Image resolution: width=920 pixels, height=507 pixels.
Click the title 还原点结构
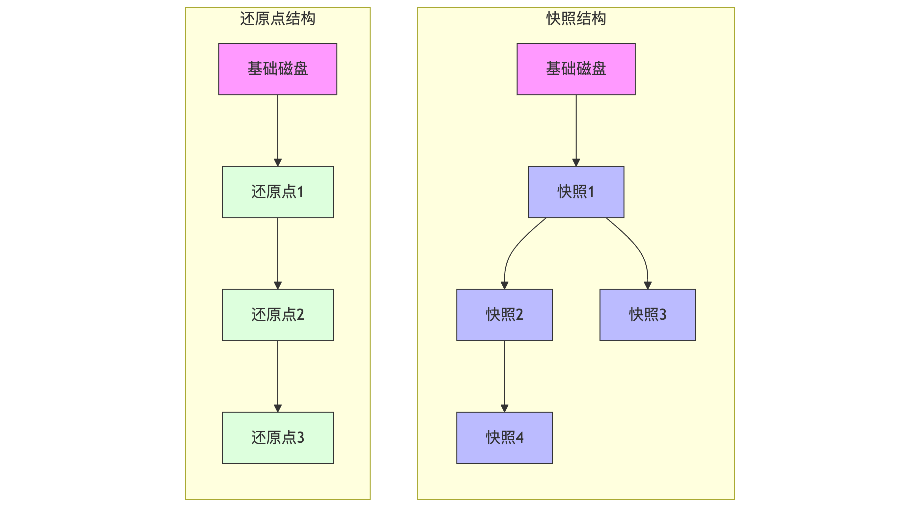[277, 18]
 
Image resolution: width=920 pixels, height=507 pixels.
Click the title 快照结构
[576, 18]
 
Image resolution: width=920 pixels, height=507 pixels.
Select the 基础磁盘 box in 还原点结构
[277, 69]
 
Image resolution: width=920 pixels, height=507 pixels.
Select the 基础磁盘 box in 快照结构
[576, 69]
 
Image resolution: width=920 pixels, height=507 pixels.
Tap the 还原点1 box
[277, 192]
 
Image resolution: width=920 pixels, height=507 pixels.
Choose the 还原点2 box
[277, 315]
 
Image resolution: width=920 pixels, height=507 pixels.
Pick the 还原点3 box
[277, 438]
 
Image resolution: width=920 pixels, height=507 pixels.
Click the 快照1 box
[576, 192]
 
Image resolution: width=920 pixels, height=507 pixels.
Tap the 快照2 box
[504, 315]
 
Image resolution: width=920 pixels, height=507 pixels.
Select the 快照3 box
[648, 315]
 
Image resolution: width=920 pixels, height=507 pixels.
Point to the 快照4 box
[504, 438]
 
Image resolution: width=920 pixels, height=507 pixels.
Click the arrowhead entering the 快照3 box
[648, 285]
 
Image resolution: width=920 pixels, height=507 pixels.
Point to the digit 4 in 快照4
[520, 438]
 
